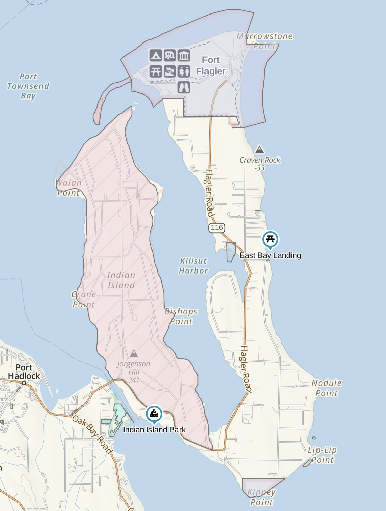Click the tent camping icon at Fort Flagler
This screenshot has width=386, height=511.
pos(156,55)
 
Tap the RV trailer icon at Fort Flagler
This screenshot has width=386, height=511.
pos(170,55)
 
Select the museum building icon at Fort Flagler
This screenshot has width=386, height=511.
pos(184,55)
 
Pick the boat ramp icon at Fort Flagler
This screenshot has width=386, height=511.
pos(170,72)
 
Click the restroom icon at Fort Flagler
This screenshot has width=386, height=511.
pos(184,72)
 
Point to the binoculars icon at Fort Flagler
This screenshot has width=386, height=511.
pos(184,87)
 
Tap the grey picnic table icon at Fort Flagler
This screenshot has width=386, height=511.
pos(156,72)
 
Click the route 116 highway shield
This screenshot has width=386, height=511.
pos(217,228)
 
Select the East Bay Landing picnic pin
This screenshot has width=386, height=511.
pos(270,239)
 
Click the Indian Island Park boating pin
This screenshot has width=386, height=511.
pos(154,414)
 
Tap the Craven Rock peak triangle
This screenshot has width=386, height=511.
pos(259,149)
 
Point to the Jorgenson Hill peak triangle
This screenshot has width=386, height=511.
pos(134,353)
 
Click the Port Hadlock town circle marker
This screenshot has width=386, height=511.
pos(24,383)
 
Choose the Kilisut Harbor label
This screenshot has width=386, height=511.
pos(194,266)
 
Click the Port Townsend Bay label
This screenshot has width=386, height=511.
pos(28,86)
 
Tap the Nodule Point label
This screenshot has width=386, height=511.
pos(327,388)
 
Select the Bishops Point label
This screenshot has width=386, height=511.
pos(181,316)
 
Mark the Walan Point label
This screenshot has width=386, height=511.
pos(69,188)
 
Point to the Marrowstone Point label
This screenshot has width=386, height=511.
pos(265,41)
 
